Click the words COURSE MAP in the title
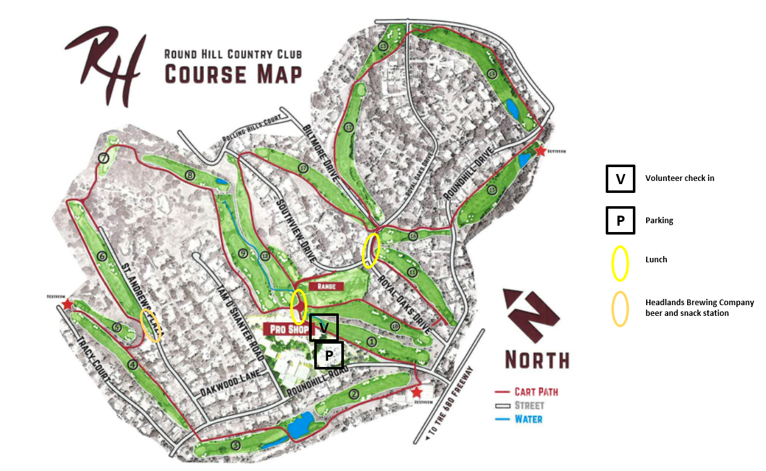coord(233,74)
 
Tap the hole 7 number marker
coord(103,158)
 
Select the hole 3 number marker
coord(235,446)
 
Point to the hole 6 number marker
coord(102,257)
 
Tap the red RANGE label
coord(327,286)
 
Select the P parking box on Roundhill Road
coord(329,355)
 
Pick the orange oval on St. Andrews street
coord(151,326)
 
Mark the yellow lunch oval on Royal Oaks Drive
coord(371,250)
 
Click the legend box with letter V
coord(620,178)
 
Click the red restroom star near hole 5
coord(68,305)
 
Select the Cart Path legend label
coord(536,392)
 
